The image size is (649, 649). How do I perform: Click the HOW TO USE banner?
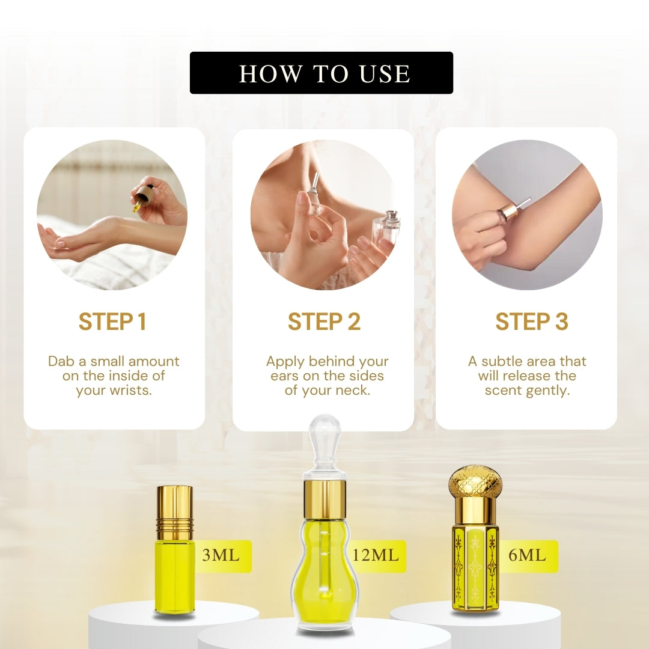(x=321, y=73)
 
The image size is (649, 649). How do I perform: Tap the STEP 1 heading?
(x=112, y=322)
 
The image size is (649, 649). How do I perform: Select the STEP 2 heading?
(x=324, y=322)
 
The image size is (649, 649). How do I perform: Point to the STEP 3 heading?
(x=531, y=322)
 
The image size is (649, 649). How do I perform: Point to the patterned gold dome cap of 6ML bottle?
(x=475, y=481)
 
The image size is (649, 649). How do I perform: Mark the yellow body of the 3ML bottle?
(x=174, y=574)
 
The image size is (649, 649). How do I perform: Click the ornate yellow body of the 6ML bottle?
(x=475, y=568)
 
